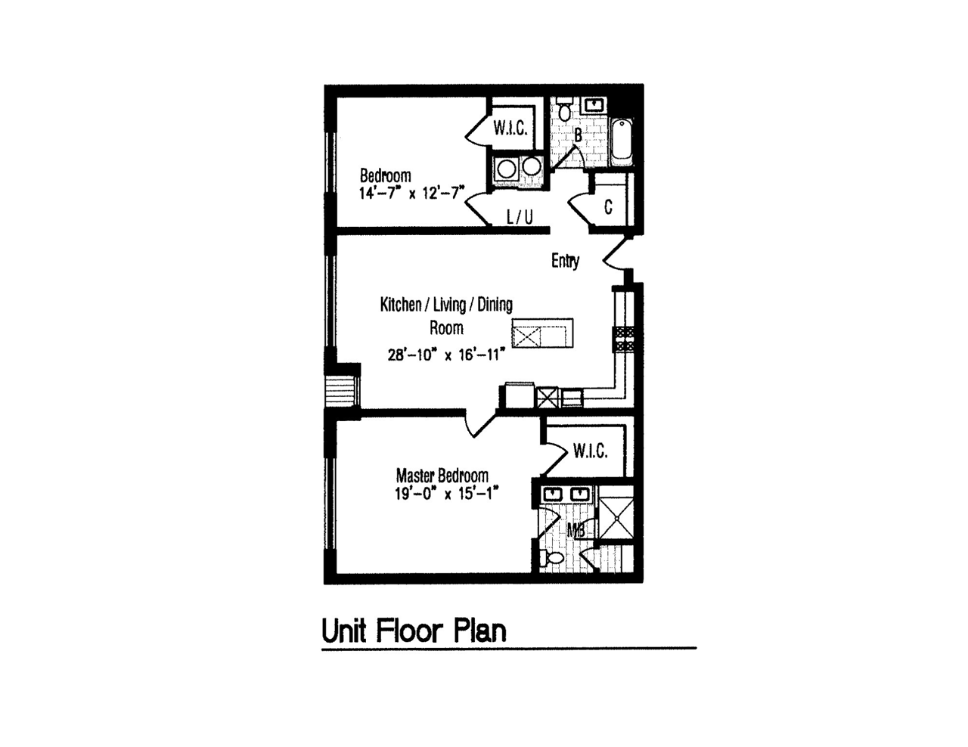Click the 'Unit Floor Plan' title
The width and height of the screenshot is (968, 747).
click(x=414, y=631)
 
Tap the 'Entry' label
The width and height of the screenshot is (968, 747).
click(x=566, y=261)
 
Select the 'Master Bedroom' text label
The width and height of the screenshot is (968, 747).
click(x=442, y=476)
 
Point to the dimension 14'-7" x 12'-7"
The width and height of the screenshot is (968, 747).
click(x=412, y=194)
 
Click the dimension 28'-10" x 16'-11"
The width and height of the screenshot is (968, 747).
click(x=447, y=355)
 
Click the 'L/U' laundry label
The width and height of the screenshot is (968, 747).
click(x=520, y=218)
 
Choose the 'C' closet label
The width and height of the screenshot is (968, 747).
click(x=608, y=207)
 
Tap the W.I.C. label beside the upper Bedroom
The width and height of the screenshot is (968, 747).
click(x=510, y=129)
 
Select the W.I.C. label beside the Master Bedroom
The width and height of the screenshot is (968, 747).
click(x=590, y=452)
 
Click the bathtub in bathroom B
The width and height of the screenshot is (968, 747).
click(x=622, y=141)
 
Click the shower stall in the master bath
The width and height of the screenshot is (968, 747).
click(x=615, y=513)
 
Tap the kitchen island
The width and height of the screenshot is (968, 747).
click(x=542, y=333)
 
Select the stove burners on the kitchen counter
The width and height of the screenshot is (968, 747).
click(x=625, y=339)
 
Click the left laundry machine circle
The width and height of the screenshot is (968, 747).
click(x=506, y=169)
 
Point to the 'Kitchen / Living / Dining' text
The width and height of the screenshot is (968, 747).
click(x=446, y=305)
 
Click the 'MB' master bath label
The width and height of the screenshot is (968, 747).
click(x=576, y=530)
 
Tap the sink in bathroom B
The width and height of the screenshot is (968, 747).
click(x=594, y=105)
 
